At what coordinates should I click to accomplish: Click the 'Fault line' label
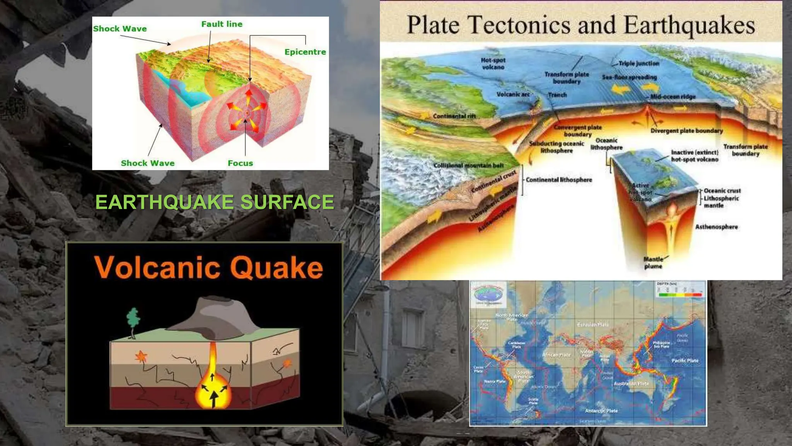(222, 24)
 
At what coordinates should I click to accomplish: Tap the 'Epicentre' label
(305, 52)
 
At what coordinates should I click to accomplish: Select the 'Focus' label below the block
(240, 163)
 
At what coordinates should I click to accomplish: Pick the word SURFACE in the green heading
(287, 202)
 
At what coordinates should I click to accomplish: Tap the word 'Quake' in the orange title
(277, 268)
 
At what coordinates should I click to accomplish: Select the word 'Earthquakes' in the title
(689, 25)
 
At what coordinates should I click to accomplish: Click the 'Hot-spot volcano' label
(493, 63)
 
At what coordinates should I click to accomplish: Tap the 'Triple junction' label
(638, 63)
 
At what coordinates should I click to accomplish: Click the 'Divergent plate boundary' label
(686, 130)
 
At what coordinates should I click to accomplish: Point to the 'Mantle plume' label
(653, 262)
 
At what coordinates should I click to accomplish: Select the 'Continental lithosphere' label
(559, 180)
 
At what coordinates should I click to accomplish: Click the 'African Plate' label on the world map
(556, 355)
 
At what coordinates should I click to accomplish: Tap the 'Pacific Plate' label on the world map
(685, 360)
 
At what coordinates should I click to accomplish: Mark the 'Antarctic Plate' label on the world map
(601, 411)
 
